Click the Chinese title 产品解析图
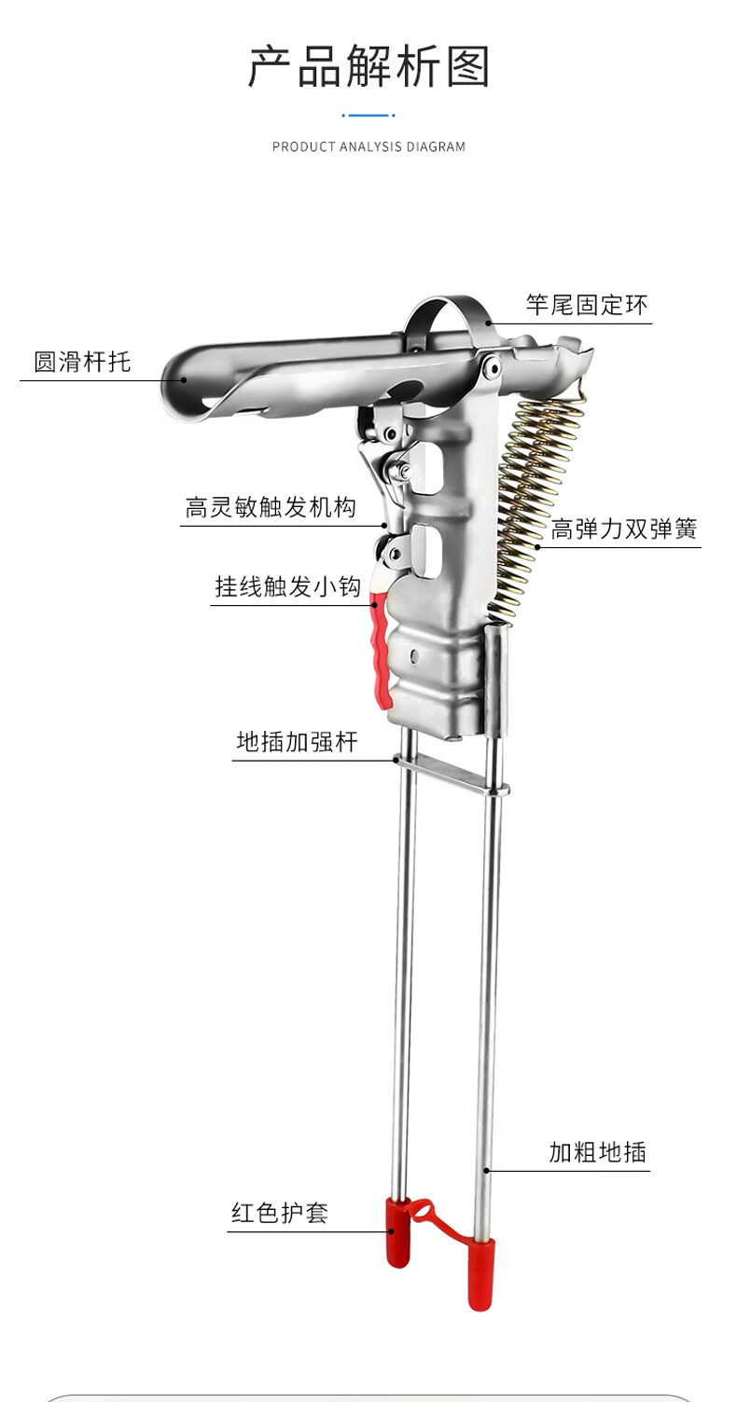[368, 65]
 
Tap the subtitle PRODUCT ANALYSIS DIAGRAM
[368, 147]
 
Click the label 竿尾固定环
[587, 305]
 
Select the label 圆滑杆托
[82, 362]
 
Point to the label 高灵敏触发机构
[271, 507]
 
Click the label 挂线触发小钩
[288, 586]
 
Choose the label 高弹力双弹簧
[624, 529]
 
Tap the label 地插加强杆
[298, 742]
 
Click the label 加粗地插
[597, 1151]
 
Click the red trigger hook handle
[380, 651]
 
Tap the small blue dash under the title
[368, 116]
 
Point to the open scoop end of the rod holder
[188, 383]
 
